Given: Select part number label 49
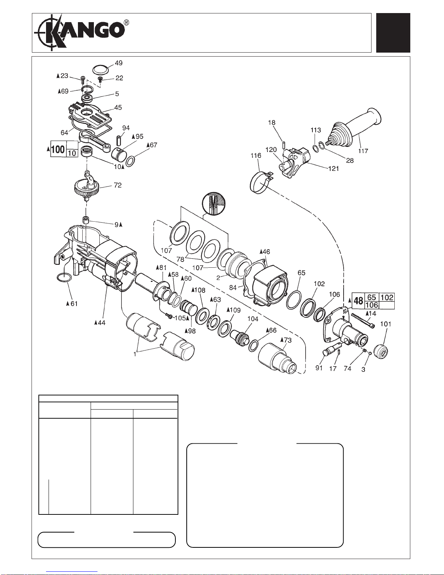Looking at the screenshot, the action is pos(119,63).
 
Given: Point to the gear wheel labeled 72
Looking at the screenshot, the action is pos(87,188).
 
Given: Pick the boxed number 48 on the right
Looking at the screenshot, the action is pos(358,301).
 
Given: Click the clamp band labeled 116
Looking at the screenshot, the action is pos(261,182).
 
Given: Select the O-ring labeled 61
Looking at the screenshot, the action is pos(64,278).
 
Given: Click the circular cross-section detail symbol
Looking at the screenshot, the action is pos(214,204).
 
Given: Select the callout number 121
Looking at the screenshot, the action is pos(333,169).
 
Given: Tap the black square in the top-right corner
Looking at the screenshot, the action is pos(393,33).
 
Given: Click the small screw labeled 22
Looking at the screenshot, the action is pos(100,79).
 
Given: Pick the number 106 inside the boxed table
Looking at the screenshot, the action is pos(372,305).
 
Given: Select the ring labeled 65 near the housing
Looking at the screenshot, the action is pos(294,300).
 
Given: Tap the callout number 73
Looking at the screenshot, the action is pos(288,340).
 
